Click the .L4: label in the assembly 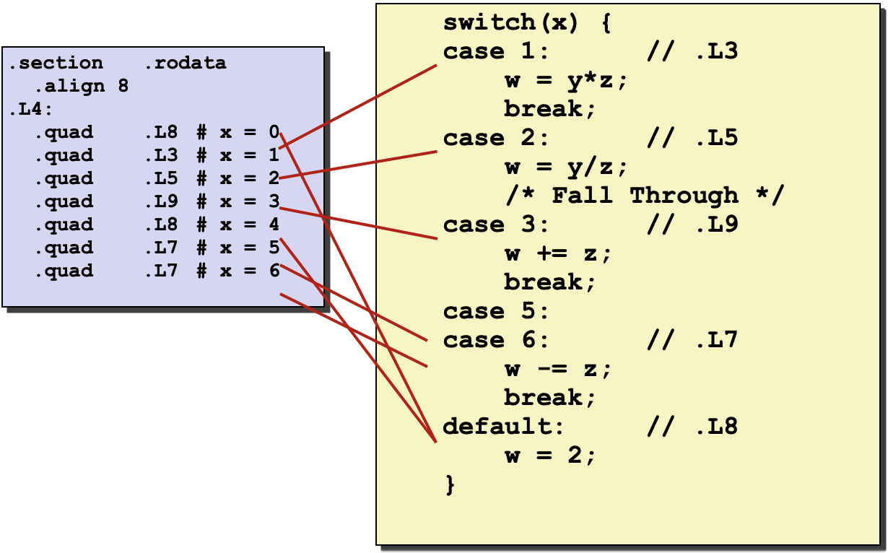(x=25, y=110)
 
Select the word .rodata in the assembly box (x=185, y=64)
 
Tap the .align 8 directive (x=81, y=87)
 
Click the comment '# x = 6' (x=238, y=271)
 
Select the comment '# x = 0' (x=238, y=133)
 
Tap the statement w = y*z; (x=566, y=81)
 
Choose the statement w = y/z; (x=566, y=167)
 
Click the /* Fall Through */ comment (x=644, y=196)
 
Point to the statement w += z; (x=558, y=254)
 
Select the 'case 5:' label (x=496, y=312)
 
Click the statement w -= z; (x=558, y=370)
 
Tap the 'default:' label (x=503, y=427)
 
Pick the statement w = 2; (x=550, y=456)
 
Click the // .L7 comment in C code (x=692, y=341)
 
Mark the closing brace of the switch (x=450, y=484)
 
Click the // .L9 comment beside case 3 (x=692, y=225)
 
